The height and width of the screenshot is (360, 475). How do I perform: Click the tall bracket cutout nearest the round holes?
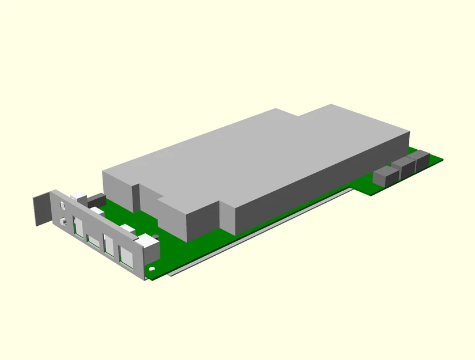tap(78, 226)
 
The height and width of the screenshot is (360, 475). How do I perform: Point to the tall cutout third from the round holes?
tap(108, 244)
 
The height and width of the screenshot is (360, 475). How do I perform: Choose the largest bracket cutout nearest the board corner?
tap(126, 257)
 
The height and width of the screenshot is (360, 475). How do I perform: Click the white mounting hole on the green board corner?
tap(152, 268)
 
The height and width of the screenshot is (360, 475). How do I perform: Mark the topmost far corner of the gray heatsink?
tap(331, 105)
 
